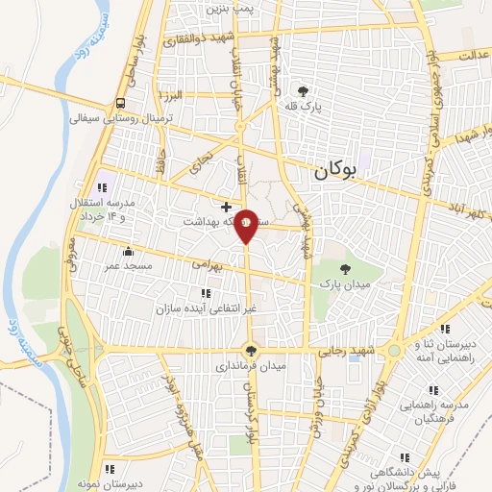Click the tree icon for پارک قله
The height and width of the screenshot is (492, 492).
[x=305, y=91]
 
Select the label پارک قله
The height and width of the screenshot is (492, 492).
[x=305, y=108]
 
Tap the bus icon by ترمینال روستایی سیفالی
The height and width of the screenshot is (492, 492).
[x=120, y=103]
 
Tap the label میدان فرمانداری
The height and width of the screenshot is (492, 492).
[x=250, y=366]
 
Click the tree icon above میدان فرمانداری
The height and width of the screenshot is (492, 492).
[x=251, y=351]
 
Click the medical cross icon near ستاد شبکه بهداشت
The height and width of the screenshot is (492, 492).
[x=226, y=207]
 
